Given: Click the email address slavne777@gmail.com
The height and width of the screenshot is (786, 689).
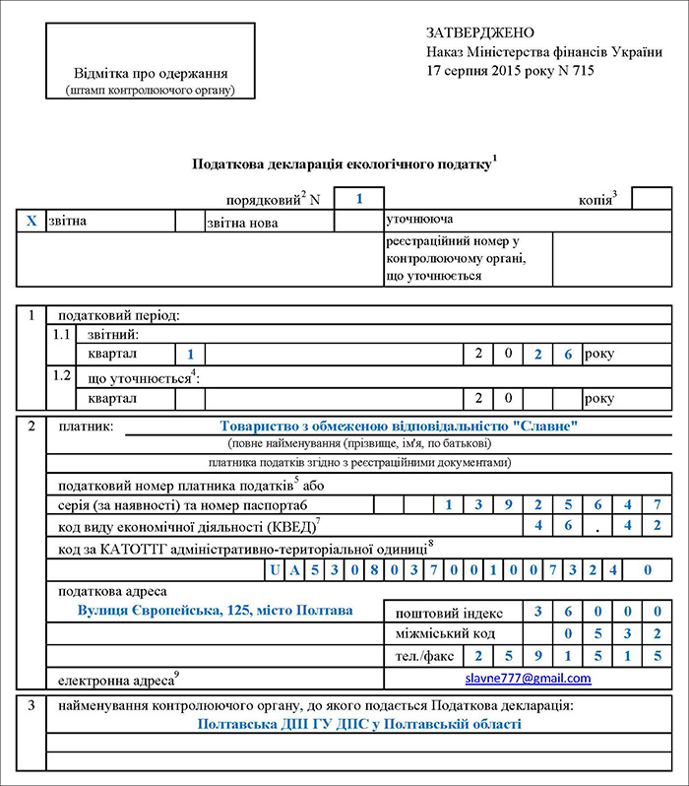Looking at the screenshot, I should (x=528, y=679).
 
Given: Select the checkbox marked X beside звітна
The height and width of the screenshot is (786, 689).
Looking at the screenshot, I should (x=31, y=221).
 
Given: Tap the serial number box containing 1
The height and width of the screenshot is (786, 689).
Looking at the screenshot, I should (x=359, y=198).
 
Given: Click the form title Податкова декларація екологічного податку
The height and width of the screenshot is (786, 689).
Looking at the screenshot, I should (x=341, y=164).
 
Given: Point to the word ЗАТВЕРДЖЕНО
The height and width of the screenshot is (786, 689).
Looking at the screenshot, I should (x=480, y=33).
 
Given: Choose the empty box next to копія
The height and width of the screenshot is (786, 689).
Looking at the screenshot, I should (x=651, y=198).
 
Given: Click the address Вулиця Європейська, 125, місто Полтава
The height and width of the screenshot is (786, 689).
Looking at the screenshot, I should (x=215, y=611).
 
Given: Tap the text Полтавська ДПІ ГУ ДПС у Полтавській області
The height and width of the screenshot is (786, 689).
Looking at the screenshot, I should (x=358, y=724).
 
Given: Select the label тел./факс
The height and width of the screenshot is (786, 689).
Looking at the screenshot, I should (x=420, y=655).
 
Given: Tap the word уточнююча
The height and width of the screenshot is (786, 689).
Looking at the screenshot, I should (x=420, y=218).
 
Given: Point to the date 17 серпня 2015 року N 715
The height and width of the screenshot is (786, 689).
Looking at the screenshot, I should (x=510, y=70).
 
